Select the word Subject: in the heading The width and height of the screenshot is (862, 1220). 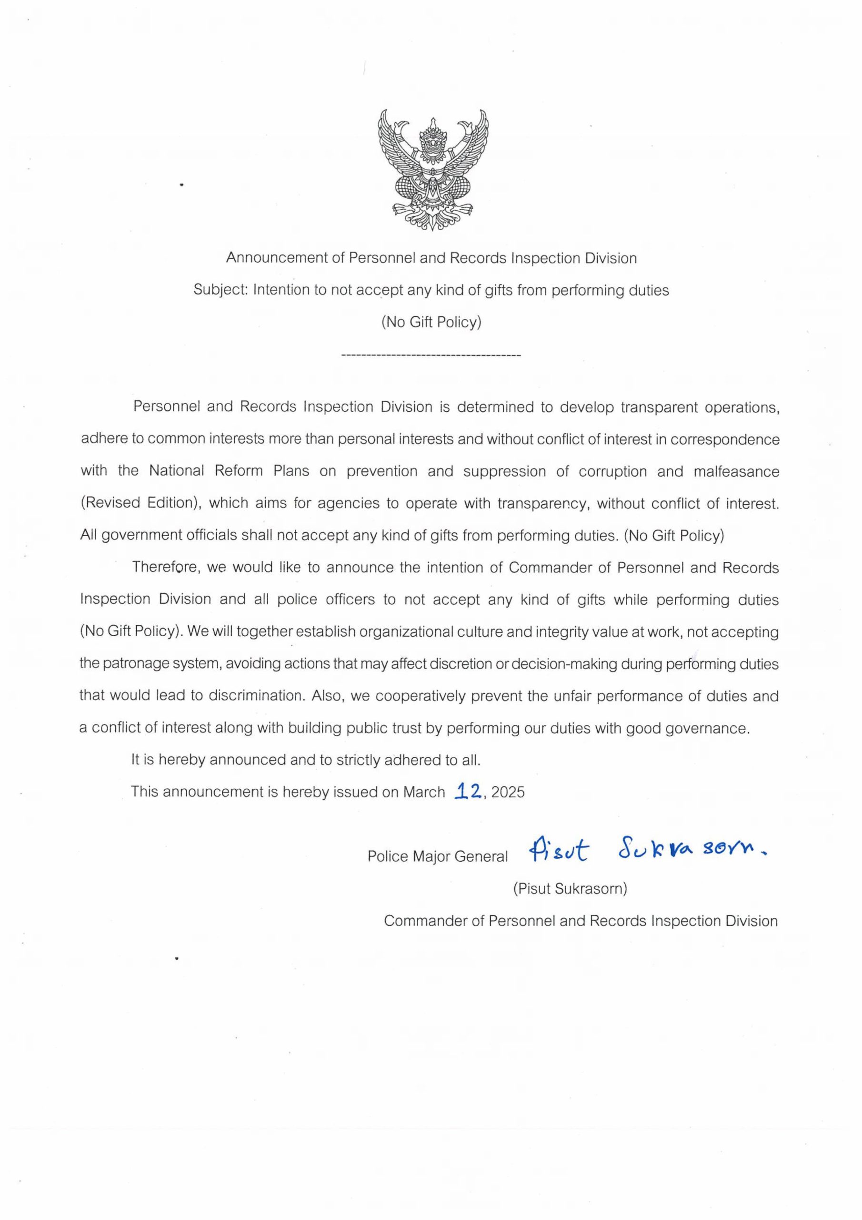(221, 290)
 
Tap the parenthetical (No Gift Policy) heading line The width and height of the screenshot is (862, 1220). (431, 322)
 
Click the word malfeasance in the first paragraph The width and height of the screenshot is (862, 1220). (736, 471)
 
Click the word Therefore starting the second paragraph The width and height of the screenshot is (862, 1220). (166, 568)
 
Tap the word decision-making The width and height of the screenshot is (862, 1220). (563, 664)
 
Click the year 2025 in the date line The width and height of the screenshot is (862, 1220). (508, 792)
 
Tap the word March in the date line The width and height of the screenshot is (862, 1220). (423, 792)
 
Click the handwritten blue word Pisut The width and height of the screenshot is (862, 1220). (558, 852)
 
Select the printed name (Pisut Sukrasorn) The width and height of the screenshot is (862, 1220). (570, 888)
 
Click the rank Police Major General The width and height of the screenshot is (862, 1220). (438, 856)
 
